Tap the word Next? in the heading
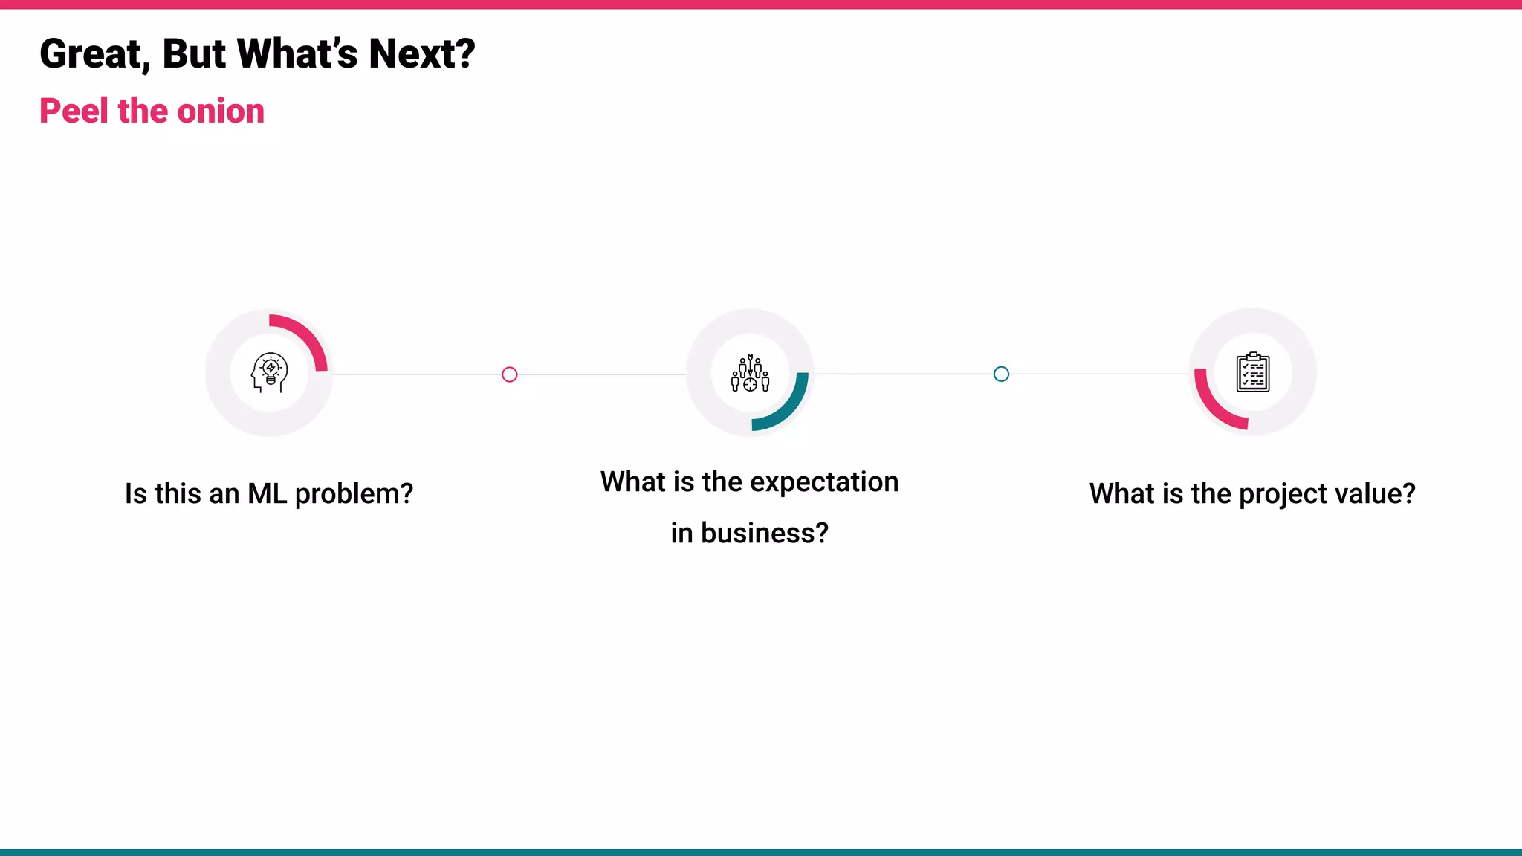[421, 54]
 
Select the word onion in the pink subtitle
[221, 111]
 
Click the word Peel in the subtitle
[74, 111]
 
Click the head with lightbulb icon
[269, 372]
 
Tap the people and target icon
[750, 373]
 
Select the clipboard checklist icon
[1253, 372]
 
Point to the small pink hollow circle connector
[509, 374]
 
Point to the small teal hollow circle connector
[1001, 374]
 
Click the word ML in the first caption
[267, 493]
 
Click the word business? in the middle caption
[764, 534]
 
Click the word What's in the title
[297, 54]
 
